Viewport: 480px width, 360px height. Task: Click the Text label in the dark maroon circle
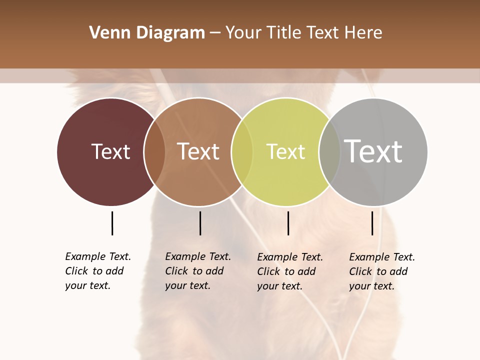tap(110, 151)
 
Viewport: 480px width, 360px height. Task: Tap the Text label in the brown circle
tap(198, 151)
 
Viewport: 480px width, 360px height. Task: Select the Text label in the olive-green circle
tap(285, 151)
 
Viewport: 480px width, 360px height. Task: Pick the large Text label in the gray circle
tap(373, 151)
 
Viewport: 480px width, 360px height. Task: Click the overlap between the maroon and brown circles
tap(154, 151)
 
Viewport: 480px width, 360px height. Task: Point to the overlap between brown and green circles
tap(242, 151)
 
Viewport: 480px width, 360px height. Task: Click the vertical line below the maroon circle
tap(112, 223)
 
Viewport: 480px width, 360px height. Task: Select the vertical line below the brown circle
tap(200, 223)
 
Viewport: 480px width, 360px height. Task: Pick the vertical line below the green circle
tap(288, 223)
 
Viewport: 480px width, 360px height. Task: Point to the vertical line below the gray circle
tap(372, 223)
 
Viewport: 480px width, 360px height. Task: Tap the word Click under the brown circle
tap(176, 271)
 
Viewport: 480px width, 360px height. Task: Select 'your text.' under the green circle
tap(279, 286)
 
